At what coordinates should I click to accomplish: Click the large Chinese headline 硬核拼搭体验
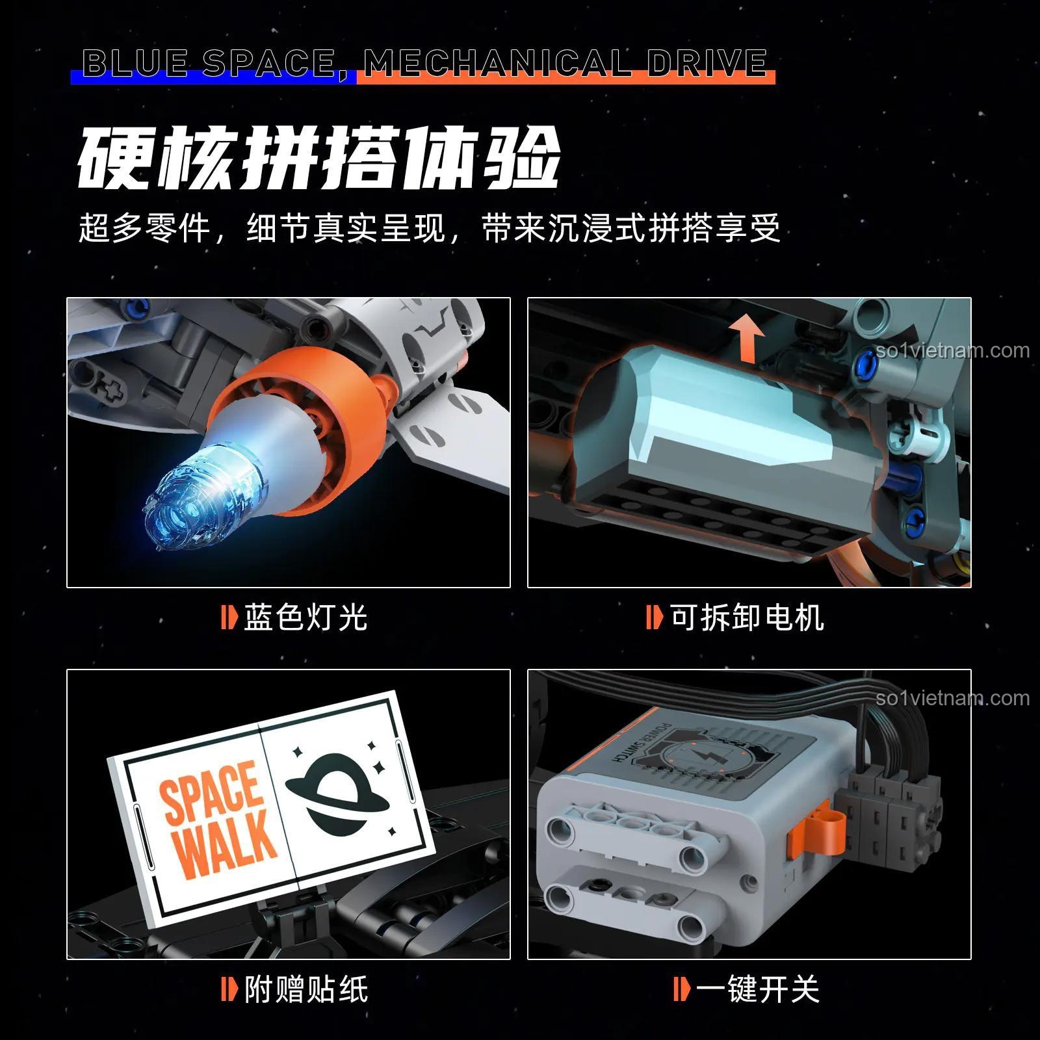tap(318, 159)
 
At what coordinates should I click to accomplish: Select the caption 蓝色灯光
tap(305, 617)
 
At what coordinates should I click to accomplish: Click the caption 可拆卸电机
tap(747, 617)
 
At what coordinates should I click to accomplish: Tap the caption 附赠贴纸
tap(305, 990)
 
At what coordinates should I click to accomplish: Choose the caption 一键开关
tap(757, 990)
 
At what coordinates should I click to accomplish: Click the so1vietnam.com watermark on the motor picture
tap(952, 351)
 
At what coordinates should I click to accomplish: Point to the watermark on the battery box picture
tap(952, 699)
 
